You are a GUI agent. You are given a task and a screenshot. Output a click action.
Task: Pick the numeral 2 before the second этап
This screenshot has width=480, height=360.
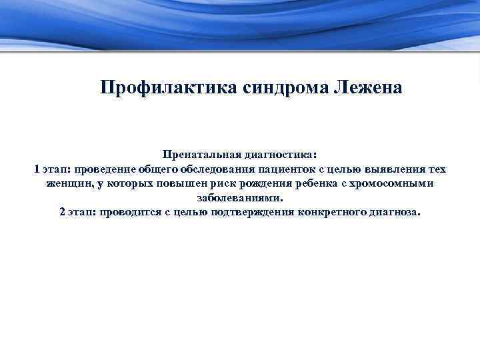point(62,213)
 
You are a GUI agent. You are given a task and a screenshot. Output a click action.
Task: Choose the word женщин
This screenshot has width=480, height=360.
point(70,183)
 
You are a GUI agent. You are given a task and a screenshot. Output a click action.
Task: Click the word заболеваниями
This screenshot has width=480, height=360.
point(240,198)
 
